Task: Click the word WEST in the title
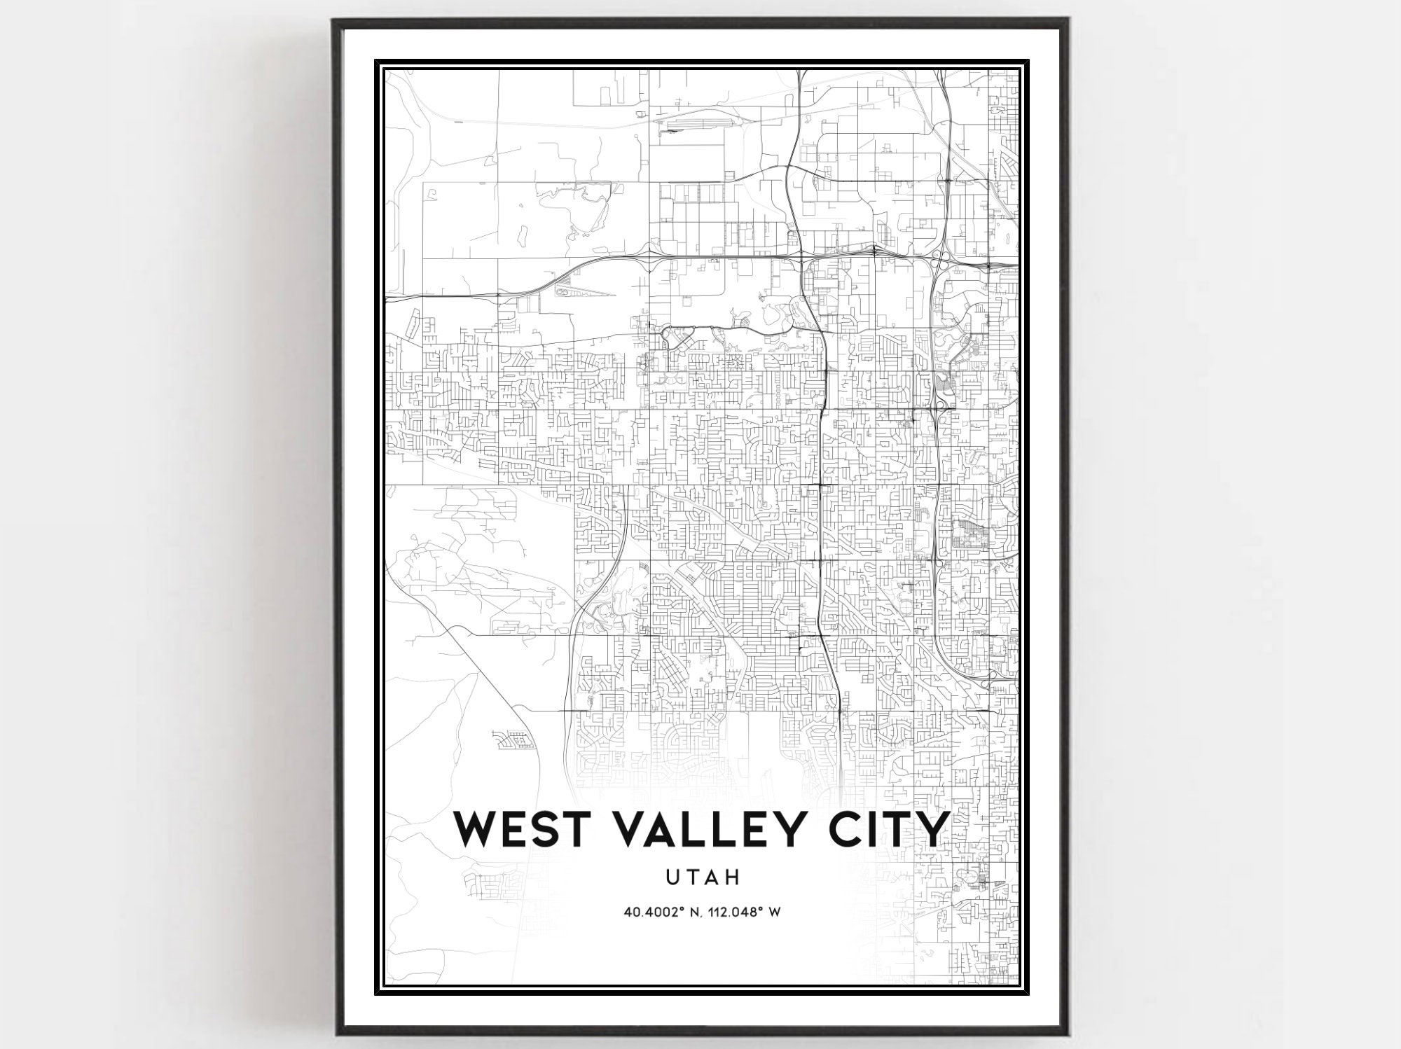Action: pyautogui.click(x=525, y=830)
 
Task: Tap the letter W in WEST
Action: pyautogui.click(x=478, y=830)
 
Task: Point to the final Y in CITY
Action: pyautogui.click(x=932, y=830)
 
